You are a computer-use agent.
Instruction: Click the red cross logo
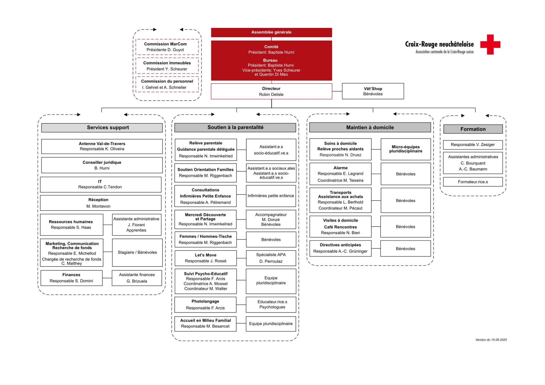[490, 44]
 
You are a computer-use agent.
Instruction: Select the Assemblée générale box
[271, 32]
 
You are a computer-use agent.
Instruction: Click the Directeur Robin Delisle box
[271, 91]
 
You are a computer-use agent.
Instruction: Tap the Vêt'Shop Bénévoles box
[373, 91]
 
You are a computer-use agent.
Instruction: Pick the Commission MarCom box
[167, 47]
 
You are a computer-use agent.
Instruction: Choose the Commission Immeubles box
[167, 66]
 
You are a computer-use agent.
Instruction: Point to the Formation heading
[473, 129]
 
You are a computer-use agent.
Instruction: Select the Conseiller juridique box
[102, 165]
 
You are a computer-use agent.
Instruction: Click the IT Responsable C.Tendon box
[101, 184]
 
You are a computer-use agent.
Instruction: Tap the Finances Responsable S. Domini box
[71, 278]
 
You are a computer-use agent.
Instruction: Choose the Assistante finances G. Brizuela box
[137, 278]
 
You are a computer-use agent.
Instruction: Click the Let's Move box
[205, 258]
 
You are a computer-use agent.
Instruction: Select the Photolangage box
[205, 304]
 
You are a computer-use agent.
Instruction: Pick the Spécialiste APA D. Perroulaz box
[271, 258]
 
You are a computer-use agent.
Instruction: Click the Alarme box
[340, 174]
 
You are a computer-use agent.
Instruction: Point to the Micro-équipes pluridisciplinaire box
[406, 149]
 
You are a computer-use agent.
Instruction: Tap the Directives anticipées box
[340, 248]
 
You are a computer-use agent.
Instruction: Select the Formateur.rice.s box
[473, 182]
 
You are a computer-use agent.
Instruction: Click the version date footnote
[491, 340]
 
